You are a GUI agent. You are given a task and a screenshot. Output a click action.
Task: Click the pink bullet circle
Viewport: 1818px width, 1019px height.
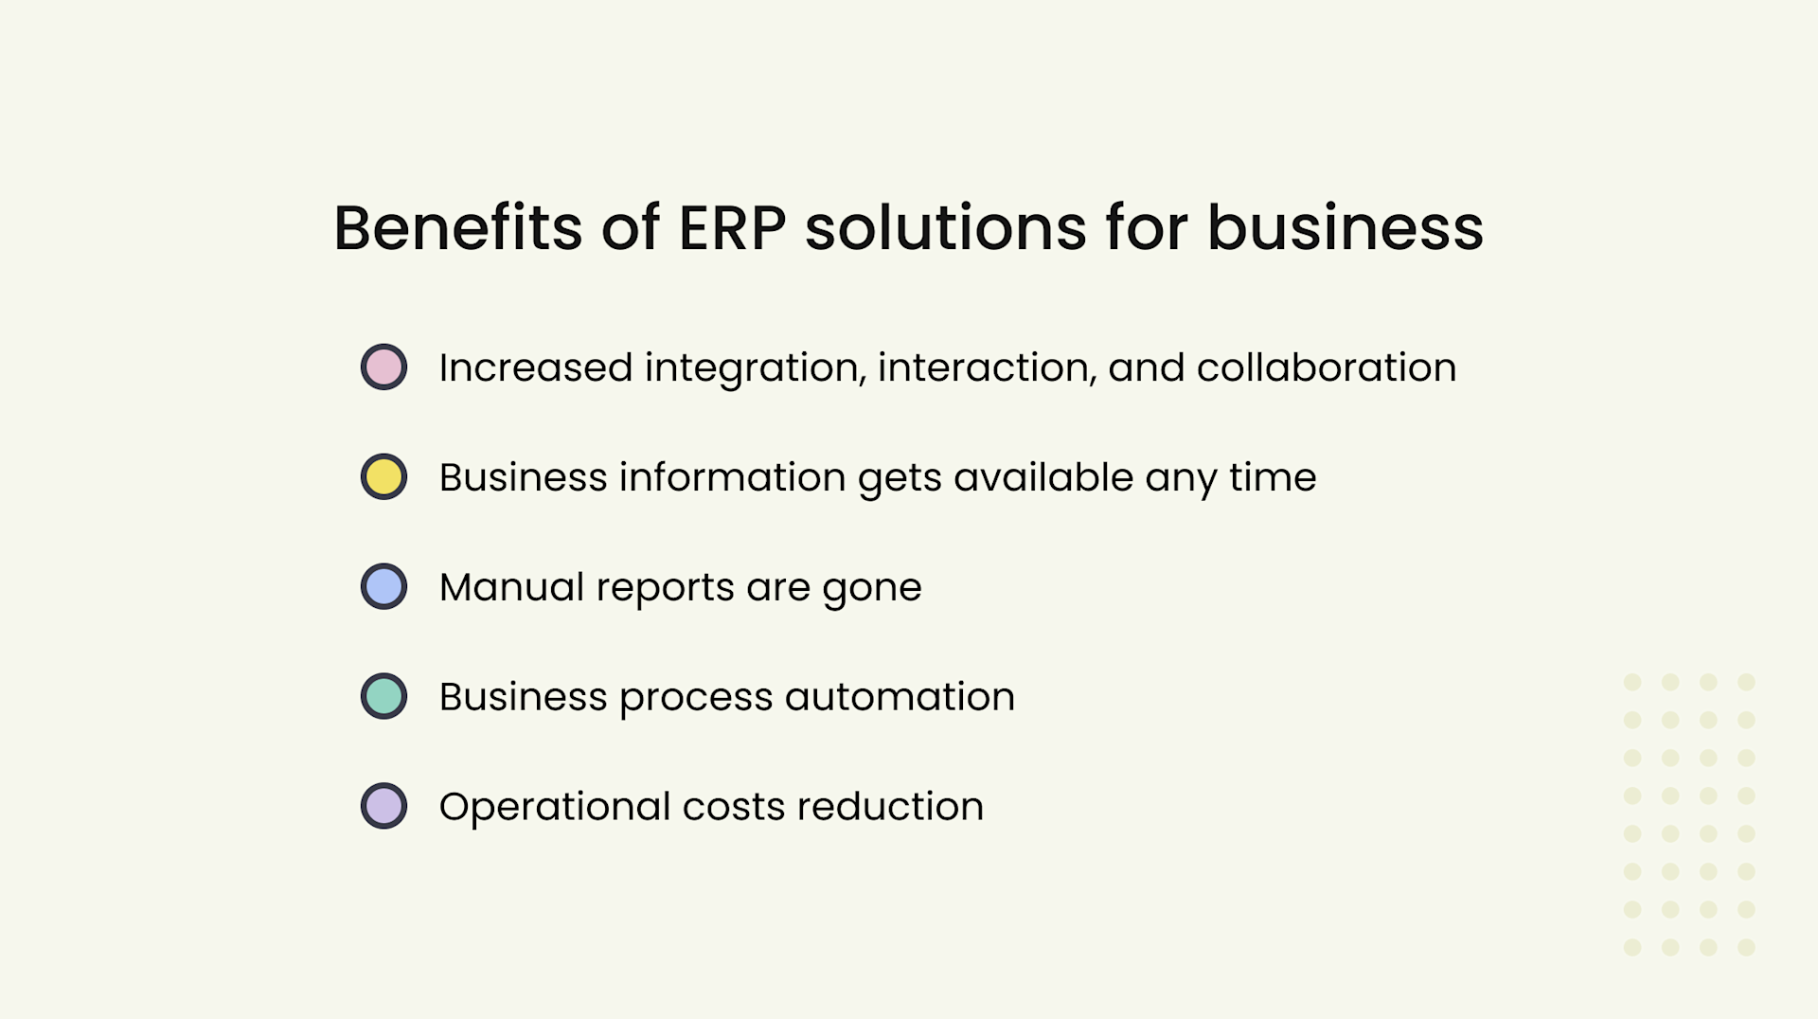pyautogui.click(x=383, y=367)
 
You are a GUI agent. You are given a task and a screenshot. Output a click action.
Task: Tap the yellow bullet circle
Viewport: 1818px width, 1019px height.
pyautogui.click(x=383, y=477)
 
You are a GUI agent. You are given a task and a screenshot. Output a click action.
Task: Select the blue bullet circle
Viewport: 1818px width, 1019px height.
pyautogui.click(x=383, y=587)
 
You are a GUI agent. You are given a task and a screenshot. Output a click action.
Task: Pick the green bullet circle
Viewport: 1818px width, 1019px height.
pyautogui.click(x=383, y=697)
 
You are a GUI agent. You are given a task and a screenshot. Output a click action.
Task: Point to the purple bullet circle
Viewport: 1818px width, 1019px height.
pyautogui.click(x=383, y=807)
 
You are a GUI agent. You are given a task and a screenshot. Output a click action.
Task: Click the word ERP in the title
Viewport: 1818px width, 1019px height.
pyautogui.click(x=732, y=228)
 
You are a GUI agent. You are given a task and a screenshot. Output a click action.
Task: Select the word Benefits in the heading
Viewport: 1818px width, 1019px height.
pyautogui.click(x=457, y=228)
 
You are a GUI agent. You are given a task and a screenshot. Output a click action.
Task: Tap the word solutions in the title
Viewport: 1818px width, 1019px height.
pyautogui.click(x=945, y=228)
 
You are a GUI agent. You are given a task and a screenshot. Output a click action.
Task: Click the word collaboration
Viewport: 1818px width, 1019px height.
pyautogui.click(x=1326, y=367)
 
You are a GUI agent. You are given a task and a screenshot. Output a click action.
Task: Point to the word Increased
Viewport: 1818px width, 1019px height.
pyautogui.click(x=535, y=367)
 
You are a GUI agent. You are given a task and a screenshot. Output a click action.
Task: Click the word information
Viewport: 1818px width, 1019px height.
pyautogui.click(x=732, y=477)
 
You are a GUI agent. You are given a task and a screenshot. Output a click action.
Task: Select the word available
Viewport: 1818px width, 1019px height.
pyautogui.click(x=1043, y=477)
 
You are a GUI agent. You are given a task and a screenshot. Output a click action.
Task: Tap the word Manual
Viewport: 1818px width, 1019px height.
pyautogui.click(x=511, y=587)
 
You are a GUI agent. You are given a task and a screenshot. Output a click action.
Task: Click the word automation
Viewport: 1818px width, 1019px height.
pyautogui.click(x=900, y=697)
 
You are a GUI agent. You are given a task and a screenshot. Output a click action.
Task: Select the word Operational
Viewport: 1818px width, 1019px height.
pyautogui.click(x=554, y=807)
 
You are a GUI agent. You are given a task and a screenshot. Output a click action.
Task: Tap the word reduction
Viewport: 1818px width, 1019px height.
pyautogui.click(x=890, y=807)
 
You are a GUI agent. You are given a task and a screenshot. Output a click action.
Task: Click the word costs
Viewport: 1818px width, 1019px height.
pyautogui.click(x=734, y=807)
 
